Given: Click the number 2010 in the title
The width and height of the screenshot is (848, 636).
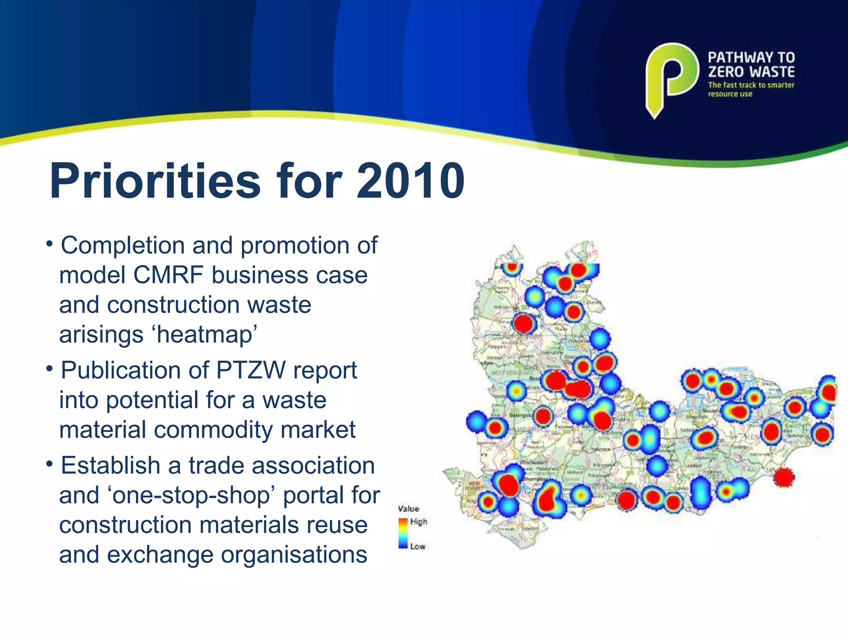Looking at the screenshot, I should pos(411,181).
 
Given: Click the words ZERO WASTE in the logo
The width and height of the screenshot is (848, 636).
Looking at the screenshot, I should pos(751,72).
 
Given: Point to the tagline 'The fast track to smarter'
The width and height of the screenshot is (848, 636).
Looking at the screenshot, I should pos(751,85).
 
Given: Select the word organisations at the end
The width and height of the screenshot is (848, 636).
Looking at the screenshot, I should pos(294,554).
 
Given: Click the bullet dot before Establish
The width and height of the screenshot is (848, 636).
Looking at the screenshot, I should pos(49,464).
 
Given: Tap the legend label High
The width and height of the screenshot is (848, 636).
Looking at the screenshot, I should pos(418,522).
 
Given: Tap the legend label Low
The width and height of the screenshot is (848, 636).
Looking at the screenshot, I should pos(417,547).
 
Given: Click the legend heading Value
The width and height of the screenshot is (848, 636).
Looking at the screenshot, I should pos(408,508).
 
